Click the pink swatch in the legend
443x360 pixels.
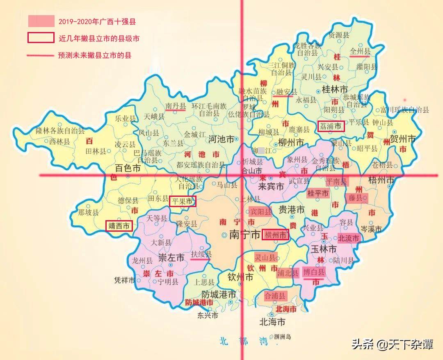pyautogui.click(x=41, y=21)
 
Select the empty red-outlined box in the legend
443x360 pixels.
pyautogui.click(x=41, y=38)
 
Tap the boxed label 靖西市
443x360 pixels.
pyautogui.click(x=119, y=226)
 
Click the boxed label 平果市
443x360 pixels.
pyautogui.click(x=183, y=201)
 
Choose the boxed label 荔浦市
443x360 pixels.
pyautogui.click(x=331, y=126)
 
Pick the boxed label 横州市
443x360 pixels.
pyautogui.click(x=275, y=235)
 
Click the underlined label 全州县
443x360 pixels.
pyautogui.click(x=360, y=51)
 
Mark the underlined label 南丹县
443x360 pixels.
pyautogui.click(x=176, y=106)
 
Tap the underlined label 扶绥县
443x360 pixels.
pyautogui.click(x=201, y=254)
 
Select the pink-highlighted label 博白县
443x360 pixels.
pyautogui.click(x=313, y=272)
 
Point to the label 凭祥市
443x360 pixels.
pyautogui.click(x=125, y=281)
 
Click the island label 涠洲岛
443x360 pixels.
pyautogui.click(x=283, y=337)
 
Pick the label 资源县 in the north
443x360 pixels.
pyautogui.click(x=339, y=35)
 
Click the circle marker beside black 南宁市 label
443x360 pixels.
pyautogui.click(x=224, y=235)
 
